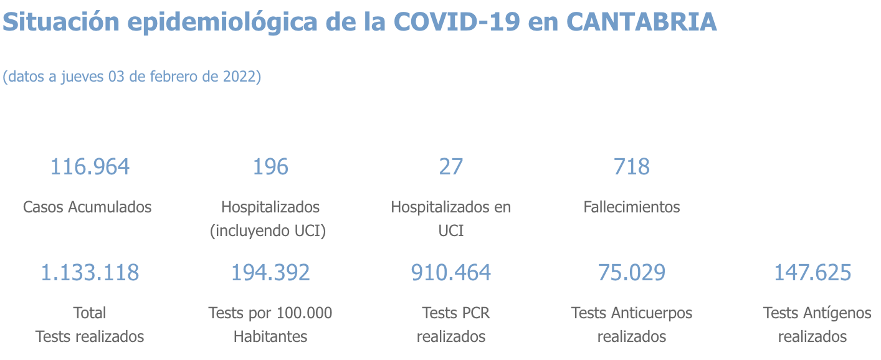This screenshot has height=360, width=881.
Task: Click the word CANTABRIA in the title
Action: (x=642, y=22)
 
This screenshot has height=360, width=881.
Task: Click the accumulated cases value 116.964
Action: (x=90, y=167)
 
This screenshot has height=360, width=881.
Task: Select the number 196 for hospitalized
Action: (x=270, y=167)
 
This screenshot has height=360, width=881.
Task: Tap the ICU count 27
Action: (x=451, y=167)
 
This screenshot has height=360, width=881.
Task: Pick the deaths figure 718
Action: (x=632, y=167)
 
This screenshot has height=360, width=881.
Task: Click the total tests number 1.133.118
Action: (x=90, y=273)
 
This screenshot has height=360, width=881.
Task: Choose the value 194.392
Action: (x=270, y=273)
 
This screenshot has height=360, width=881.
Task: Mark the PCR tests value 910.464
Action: (x=451, y=273)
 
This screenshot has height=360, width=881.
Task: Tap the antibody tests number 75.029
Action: (x=632, y=273)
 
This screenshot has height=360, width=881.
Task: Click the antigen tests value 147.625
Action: (x=812, y=273)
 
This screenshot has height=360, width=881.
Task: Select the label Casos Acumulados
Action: (x=87, y=207)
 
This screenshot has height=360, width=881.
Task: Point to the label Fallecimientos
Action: (x=632, y=207)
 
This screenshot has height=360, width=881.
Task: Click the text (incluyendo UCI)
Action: (x=269, y=231)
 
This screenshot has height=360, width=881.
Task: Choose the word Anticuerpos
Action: (x=654, y=313)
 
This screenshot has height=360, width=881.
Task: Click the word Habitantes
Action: (x=270, y=337)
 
